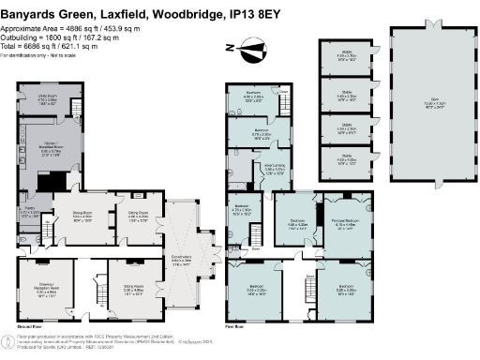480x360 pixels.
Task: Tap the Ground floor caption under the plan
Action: (30, 322)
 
